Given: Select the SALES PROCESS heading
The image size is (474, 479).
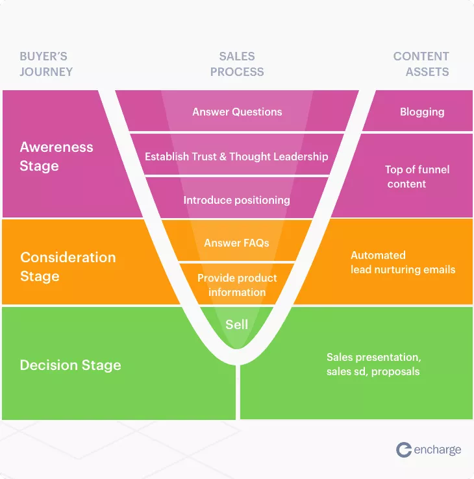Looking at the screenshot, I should (x=237, y=64).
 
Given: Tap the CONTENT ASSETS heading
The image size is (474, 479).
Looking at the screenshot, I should (x=421, y=64).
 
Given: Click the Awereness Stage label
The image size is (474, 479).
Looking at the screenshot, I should (x=56, y=156).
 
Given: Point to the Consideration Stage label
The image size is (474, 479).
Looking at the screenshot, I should (x=68, y=266).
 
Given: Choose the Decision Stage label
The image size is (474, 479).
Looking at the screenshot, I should (x=70, y=365).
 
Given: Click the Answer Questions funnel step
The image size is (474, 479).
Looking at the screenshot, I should (x=237, y=112).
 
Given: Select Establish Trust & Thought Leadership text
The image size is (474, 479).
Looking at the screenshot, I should (x=236, y=156).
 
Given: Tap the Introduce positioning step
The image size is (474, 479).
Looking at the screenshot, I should (x=236, y=200).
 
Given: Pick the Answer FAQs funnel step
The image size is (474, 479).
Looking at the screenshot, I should (x=236, y=243).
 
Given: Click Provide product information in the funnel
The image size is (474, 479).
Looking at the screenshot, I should (x=237, y=285).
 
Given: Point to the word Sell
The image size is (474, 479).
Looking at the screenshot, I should (x=236, y=325).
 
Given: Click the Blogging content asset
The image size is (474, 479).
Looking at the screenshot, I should (x=422, y=112).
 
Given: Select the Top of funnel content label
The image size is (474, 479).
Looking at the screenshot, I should (x=416, y=177).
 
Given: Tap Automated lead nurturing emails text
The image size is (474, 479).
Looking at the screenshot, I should (x=403, y=262).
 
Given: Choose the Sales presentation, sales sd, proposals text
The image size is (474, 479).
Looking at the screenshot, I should (x=373, y=364).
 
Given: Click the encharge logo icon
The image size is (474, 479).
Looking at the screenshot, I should (x=404, y=450).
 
